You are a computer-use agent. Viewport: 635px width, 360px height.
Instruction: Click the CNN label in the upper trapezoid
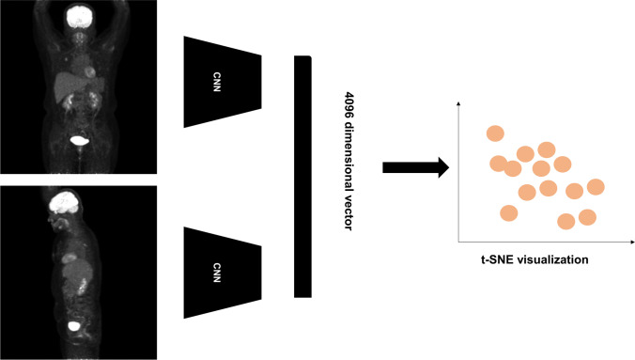[222, 80]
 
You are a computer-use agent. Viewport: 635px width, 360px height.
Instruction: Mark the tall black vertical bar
[302, 176]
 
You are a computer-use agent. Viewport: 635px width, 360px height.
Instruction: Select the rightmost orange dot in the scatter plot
[595, 186]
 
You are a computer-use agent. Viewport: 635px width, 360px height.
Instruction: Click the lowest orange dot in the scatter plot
[566, 221]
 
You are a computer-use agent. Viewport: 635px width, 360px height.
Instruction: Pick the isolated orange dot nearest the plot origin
[508, 212]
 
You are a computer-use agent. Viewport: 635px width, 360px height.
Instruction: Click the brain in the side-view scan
[64, 200]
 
